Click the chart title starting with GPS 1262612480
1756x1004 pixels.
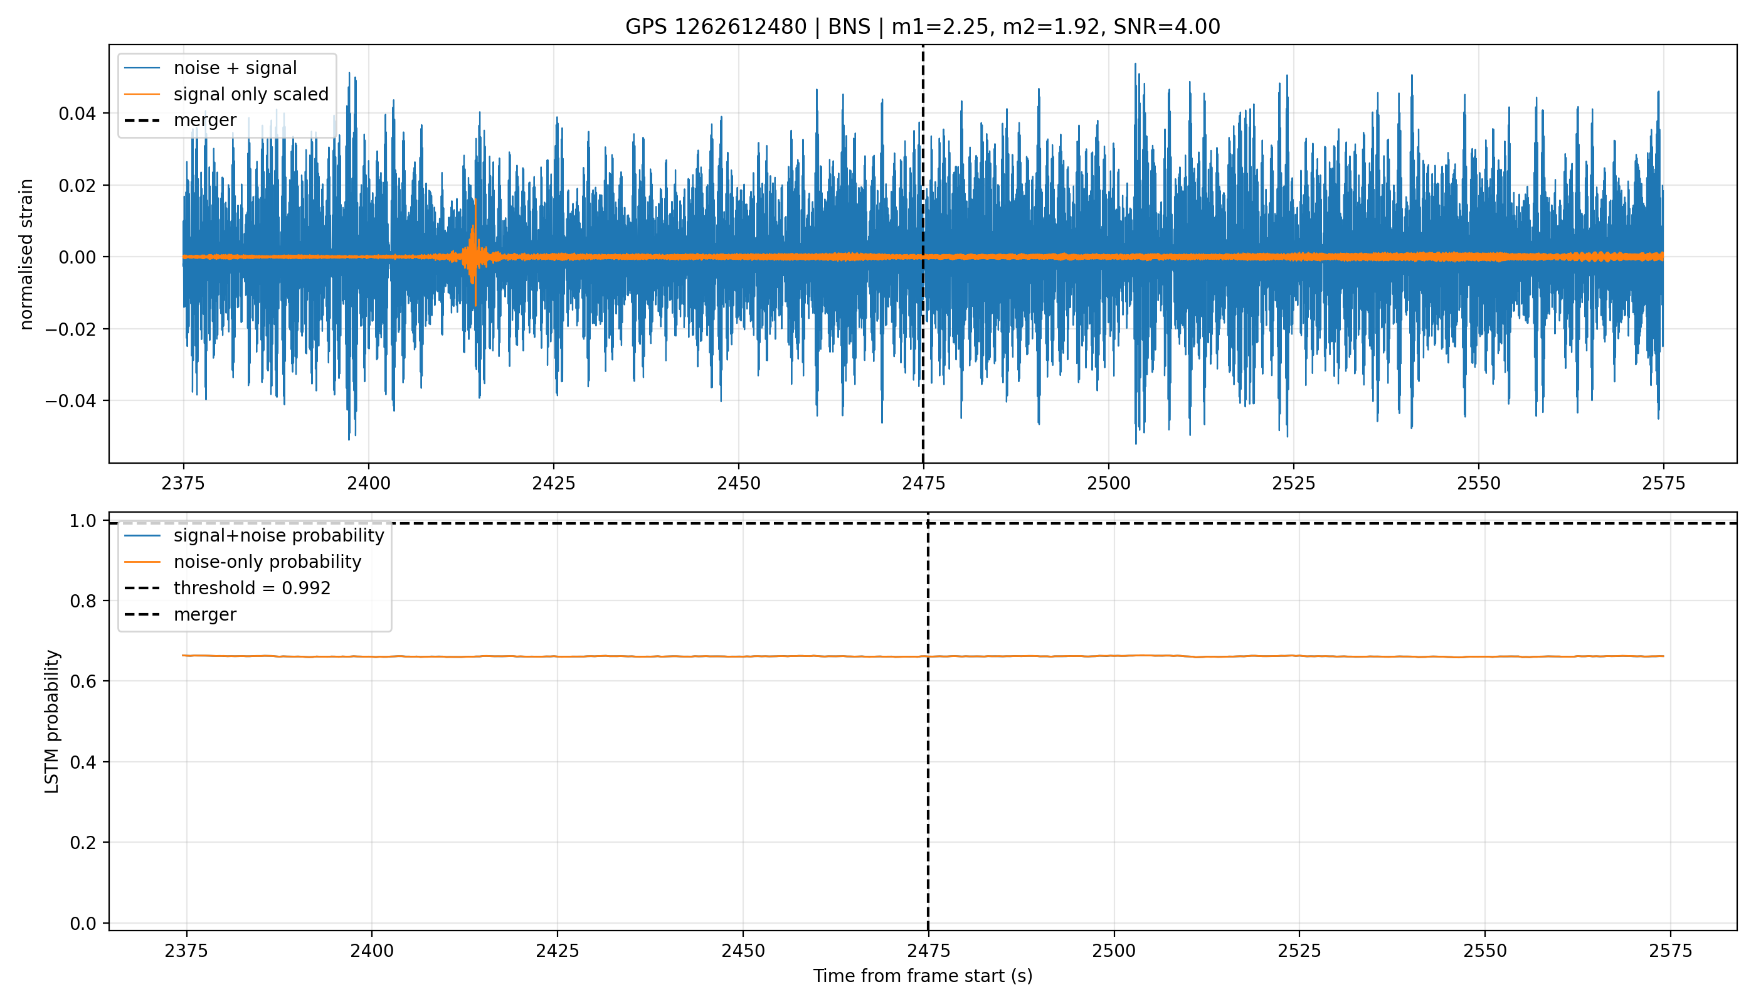[922, 27]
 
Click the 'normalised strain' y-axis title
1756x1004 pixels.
[26, 254]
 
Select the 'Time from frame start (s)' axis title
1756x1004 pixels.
[922, 976]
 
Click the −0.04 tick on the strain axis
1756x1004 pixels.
[71, 400]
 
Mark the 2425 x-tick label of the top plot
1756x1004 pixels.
[553, 483]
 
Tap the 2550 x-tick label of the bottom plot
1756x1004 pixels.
[1484, 951]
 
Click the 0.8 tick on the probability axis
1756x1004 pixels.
[83, 601]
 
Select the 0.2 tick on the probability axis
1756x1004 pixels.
[83, 843]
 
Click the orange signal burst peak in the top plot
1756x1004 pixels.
[475, 200]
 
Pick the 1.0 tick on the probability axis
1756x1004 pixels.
[83, 521]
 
